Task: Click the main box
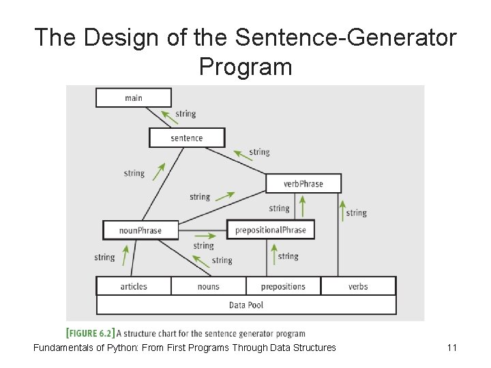134,97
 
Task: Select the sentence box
186,138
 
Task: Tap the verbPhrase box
303,183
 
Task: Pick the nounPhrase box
140,230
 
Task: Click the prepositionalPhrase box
271,230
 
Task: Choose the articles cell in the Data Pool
134,286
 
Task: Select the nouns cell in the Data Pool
209,286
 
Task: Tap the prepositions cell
283,286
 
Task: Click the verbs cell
358,286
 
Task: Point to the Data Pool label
246,305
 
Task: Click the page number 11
451,348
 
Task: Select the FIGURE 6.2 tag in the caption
89,333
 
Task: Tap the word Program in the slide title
245,67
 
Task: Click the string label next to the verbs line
356,213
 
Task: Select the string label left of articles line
104,258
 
